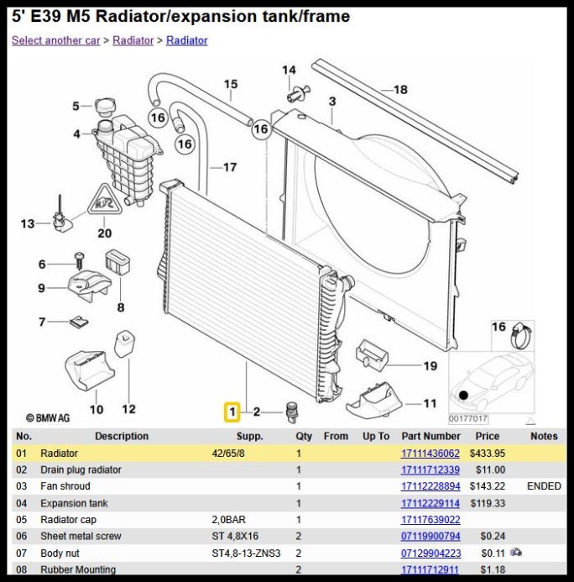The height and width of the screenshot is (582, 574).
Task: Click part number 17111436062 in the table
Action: coord(430,454)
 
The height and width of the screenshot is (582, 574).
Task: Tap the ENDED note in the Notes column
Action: coord(544,486)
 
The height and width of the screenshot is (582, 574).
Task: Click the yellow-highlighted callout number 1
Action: coord(232,412)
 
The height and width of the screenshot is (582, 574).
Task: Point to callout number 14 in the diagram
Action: coord(289,71)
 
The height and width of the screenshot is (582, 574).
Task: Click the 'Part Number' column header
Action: coord(430,436)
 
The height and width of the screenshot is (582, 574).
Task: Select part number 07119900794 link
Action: coord(430,536)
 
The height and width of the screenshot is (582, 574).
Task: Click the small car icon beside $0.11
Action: coord(516,552)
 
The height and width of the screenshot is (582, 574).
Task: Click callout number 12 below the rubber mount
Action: coord(128,409)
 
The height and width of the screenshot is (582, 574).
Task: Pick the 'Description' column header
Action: coord(122,436)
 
